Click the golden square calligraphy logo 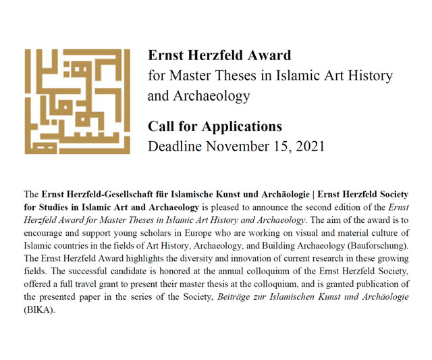pyautogui.click(x=78, y=101)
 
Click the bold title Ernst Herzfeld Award pyautogui.click(x=219, y=55)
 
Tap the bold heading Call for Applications pyautogui.click(x=215, y=126)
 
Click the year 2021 pyautogui.click(x=308, y=146)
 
